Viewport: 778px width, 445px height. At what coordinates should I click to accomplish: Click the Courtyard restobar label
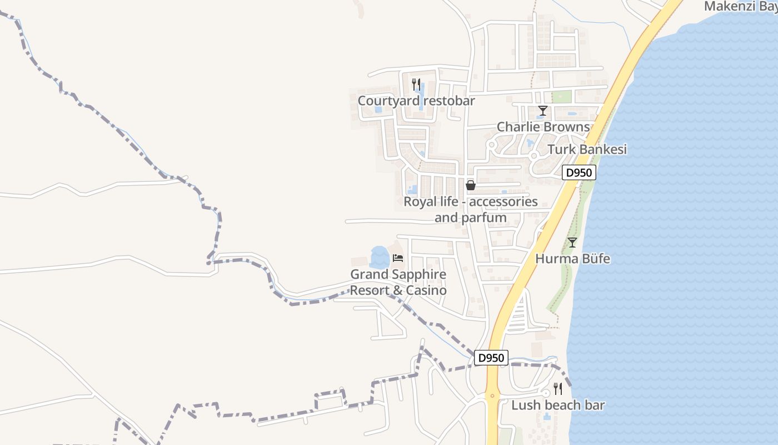[x=416, y=101]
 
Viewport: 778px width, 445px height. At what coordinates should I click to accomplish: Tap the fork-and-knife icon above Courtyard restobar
[x=416, y=85]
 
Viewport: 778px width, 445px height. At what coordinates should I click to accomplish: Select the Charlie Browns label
[x=543, y=127]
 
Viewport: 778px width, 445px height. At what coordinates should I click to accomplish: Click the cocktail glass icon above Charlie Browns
[x=542, y=111]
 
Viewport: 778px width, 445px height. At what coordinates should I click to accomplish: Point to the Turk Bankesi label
[x=587, y=149]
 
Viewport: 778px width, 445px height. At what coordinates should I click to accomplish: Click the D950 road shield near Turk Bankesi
[x=579, y=172]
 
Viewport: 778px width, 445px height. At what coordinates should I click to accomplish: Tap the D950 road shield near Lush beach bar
[x=491, y=358]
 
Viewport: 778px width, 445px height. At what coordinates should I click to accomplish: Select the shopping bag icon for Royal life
[x=471, y=185]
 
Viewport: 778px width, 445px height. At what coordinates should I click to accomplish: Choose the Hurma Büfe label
[x=572, y=259]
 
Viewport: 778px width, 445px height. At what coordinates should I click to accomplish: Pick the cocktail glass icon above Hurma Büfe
[x=572, y=243]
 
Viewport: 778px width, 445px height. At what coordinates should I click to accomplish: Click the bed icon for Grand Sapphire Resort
[x=397, y=258]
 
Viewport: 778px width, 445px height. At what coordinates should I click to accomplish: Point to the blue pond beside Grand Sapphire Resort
[x=380, y=258]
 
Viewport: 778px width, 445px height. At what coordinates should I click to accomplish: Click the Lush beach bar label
[x=557, y=405]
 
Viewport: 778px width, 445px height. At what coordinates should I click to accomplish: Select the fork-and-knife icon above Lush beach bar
[x=557, y=388]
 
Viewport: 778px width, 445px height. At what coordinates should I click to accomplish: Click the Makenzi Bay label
[x=740, y=6]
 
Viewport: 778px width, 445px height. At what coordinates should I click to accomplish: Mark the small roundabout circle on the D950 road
[x=492, y=395]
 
